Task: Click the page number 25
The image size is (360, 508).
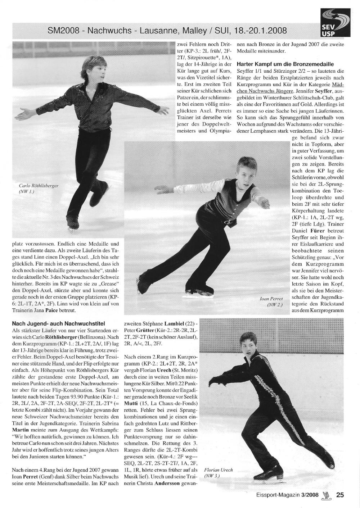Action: coord(340,495)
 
